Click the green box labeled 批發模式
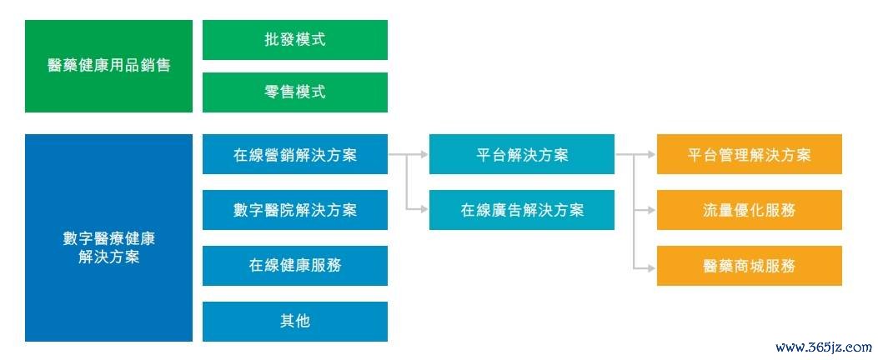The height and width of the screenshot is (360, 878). point(294,40)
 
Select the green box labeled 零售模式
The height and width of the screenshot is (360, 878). point(294,92)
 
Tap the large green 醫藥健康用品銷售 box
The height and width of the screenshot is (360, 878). point(108,66)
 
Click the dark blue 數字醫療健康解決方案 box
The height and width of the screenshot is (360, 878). point(108,237)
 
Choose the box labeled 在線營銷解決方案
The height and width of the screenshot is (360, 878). point(294,154)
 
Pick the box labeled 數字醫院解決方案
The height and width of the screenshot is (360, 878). point(294,210)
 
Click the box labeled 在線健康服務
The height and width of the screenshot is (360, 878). point(294,265)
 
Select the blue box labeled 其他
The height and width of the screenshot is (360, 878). point(294,322)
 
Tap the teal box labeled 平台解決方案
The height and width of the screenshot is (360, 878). point(522,154)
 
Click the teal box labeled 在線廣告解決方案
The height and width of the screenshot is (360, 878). point(522,210)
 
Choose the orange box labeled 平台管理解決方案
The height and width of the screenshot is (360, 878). point(750,154)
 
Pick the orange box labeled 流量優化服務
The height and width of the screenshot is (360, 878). point(750,210)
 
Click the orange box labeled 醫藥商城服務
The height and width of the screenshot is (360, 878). point(750,265)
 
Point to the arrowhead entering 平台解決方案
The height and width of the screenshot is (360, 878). point(424,154)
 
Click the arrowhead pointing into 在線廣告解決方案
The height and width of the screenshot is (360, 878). point(424,210)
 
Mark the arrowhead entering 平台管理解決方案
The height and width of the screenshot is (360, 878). point(652,154)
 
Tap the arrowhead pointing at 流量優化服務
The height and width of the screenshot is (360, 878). point(652,210)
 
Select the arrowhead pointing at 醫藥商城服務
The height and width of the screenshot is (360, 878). point(652,268)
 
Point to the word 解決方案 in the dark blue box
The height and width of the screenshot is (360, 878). point(108,258)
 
